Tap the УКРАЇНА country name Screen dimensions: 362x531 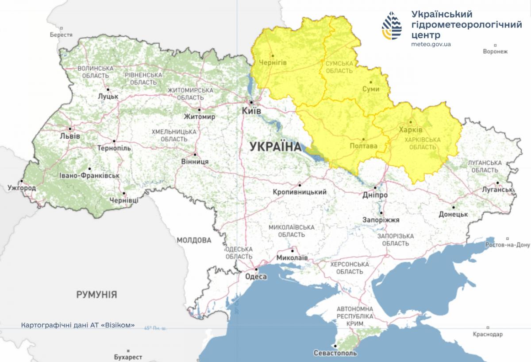pos(275,147)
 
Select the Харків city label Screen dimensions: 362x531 pos(410,130)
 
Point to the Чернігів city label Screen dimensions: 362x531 pos(272,62)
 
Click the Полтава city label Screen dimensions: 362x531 pos(363,146)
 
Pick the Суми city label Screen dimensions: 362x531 pos(370,89)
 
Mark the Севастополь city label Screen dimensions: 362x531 pos(335,354)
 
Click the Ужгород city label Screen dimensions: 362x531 pos(22,188)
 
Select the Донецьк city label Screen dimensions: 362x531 pos(454,214)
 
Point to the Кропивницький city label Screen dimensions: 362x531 pos(300,192)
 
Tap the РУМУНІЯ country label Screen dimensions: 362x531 pos(96,294)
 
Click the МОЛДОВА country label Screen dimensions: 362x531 pos(194,240)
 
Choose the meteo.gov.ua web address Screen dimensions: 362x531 pos(431,44)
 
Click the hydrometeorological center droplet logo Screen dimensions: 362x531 pos(392,26)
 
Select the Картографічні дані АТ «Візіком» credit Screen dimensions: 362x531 pos(77,325)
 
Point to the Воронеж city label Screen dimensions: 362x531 pos(495,51)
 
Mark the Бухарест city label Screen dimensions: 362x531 pos(128,357)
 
